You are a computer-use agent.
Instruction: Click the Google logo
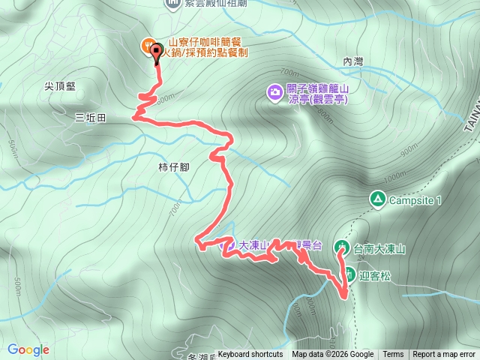(x=28, y=349)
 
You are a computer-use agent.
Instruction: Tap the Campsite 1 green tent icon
(x=377, y=199)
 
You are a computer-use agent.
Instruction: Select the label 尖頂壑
(x=59, y=87)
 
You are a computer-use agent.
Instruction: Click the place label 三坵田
(x=91, y=118)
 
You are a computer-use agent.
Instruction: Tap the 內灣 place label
(x=352, y=62)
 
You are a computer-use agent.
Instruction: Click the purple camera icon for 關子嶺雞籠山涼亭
(x=274, y=92)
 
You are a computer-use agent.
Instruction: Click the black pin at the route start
(x=157, y=52)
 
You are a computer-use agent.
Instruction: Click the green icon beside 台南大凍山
(x=342, y=247)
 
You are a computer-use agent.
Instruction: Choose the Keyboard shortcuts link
(x=250, y=355)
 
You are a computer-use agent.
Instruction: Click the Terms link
(x=393, y=355)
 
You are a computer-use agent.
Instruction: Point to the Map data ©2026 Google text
(x=333, y=355)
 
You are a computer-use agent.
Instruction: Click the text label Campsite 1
(x=416, y=200)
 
